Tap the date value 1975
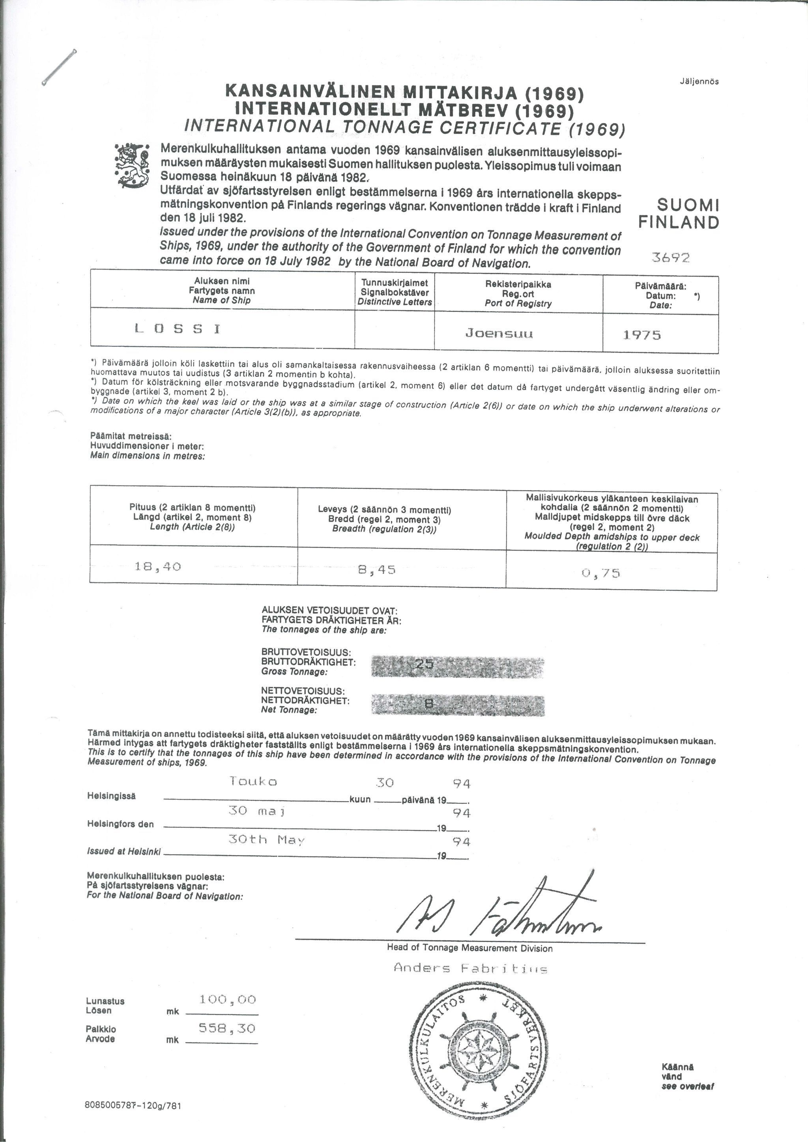tap(642, 335)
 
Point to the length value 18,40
tap(158, 566)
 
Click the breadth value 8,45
tap(377, 569)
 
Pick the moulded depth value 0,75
tap(600, 573)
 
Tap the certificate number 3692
tap(671, 257)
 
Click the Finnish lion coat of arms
tap(131, 166)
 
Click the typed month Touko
tap(253, 782)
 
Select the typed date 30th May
tap(266, 840)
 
